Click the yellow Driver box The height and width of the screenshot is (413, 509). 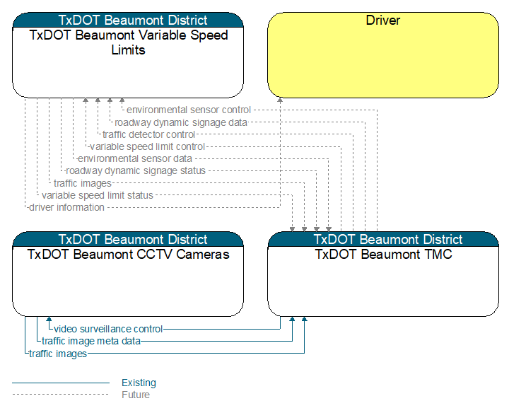383,55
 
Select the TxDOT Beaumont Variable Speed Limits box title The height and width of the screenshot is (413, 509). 129,42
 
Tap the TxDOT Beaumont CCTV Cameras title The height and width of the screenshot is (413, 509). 128,254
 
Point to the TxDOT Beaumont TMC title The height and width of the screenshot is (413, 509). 383,254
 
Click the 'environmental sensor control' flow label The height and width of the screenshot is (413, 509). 189,110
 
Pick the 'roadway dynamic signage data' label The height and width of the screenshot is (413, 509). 181,123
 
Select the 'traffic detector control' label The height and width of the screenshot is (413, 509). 148,134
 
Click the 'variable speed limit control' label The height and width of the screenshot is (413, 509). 147,147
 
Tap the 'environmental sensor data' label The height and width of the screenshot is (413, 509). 135,159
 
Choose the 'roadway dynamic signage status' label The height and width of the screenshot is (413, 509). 136,170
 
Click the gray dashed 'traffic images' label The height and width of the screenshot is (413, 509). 83,183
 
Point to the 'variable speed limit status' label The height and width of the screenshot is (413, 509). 98,195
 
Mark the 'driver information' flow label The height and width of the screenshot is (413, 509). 66,207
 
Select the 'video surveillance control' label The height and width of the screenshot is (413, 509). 108,330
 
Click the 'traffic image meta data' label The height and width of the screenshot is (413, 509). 91,342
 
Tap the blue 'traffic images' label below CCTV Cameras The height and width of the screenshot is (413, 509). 58,354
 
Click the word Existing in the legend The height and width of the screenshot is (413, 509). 139,383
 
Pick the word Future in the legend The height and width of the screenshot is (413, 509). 136,395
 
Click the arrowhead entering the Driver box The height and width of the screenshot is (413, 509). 280,100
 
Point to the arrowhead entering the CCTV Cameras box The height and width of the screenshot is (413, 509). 49,319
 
